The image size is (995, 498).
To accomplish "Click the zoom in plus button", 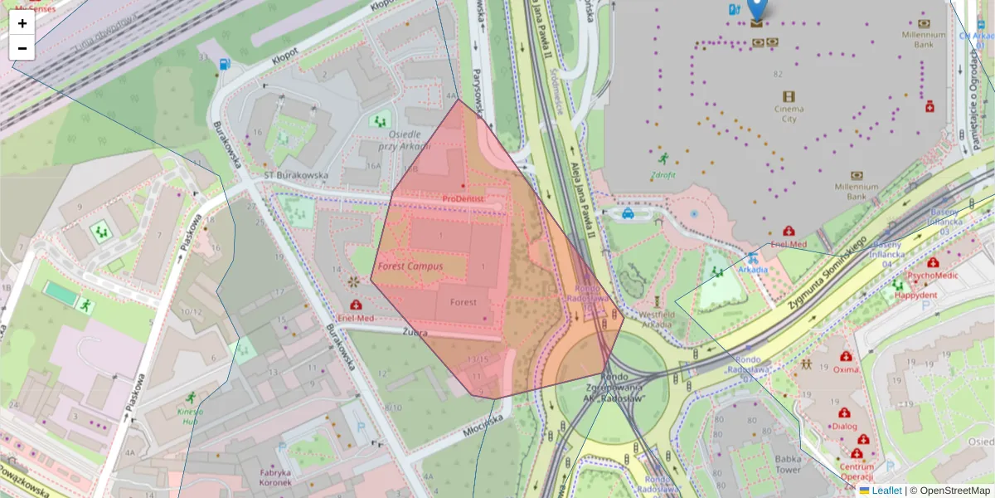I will coord(22,23).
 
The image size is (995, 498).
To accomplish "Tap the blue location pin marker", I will coord(756,8).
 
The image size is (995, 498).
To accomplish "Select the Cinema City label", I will coord(789,114).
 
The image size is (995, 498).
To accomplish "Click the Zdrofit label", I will coord(663,175).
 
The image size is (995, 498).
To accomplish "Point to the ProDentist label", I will coord(463,199).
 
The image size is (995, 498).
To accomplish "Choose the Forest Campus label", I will coord(410,266).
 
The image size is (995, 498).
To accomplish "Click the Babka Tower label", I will coord(788,463).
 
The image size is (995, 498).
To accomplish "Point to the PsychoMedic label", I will coord(932,274).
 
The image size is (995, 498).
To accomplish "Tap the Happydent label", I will coord(915,295).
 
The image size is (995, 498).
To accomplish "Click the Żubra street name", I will coord(415,332).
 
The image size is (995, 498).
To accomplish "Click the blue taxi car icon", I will coord(628,213).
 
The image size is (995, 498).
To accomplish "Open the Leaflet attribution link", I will coord(886,491).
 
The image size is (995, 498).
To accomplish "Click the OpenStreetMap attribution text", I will coord(949,491).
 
